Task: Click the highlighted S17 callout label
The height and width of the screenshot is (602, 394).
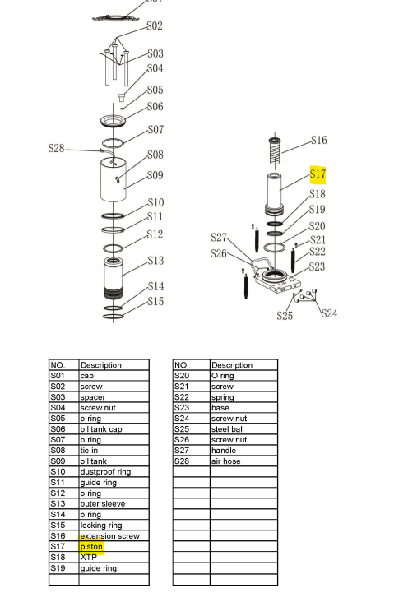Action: (x=318, y=174)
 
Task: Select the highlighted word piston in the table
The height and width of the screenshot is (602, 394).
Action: (x=91, y=547)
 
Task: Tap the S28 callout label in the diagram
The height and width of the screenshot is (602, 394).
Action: (x=56, y=149)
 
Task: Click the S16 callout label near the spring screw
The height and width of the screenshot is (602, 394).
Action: (x=318, y=141)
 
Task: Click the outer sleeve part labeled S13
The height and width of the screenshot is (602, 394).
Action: (x=114, y=278)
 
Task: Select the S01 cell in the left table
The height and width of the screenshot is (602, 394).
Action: (x=63, y=376)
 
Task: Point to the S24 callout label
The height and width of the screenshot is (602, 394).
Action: (x=329, y=313)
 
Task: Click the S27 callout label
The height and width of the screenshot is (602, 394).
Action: (x=218, y=238)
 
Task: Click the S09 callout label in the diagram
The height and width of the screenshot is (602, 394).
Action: (x=155, y=175)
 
